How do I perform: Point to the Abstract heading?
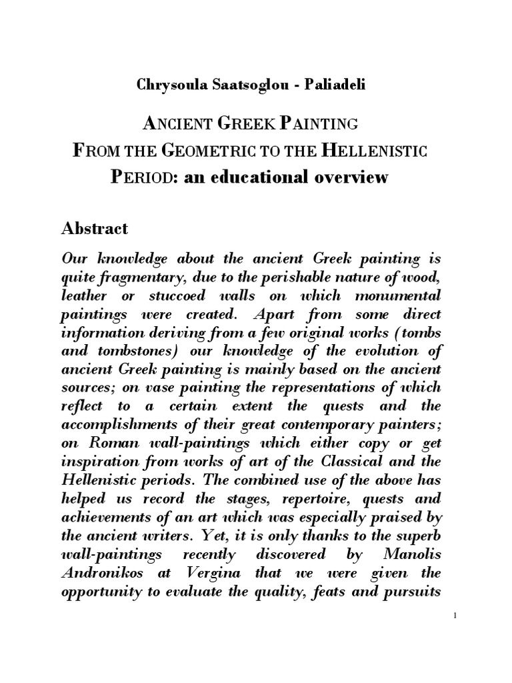pyautogui.click(x=94, y=229)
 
